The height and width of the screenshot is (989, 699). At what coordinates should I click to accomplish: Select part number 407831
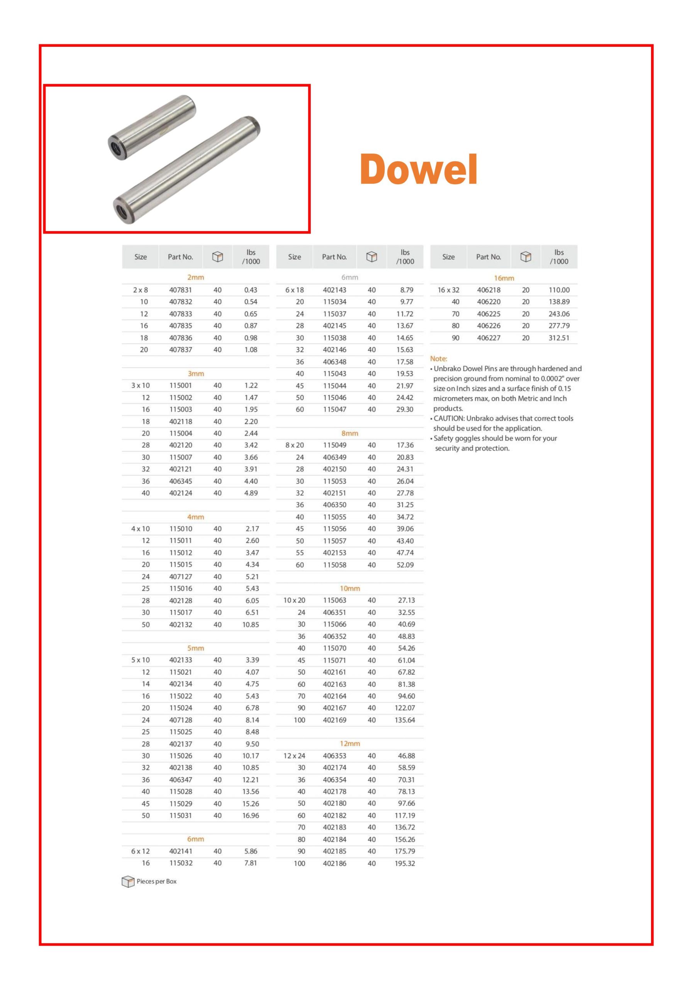point(180,290)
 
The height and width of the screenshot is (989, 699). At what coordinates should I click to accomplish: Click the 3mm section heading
point(195,374)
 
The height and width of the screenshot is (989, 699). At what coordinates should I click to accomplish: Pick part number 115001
point(180,386)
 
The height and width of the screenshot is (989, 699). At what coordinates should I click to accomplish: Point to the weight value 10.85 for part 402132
point(251,625)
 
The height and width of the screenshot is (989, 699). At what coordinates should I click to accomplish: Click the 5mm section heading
point(195,648)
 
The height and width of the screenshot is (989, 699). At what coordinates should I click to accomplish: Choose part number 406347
point(180,780)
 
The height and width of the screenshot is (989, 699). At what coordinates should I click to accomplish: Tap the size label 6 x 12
point(141,851)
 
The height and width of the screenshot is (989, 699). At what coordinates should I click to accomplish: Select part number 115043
point(335,374)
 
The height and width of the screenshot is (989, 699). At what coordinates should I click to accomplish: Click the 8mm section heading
point(350,433)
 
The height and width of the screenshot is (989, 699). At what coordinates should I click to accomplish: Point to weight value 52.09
point(405,565)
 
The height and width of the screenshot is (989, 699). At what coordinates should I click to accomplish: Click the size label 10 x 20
point(294,600)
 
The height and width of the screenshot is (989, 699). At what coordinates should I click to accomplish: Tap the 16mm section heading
point(504,278)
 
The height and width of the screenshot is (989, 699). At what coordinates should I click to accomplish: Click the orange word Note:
point(438,359)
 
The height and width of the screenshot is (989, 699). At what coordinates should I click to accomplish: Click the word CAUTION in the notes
point(448,418)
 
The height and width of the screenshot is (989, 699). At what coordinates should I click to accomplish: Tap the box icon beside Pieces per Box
point(128,882)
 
